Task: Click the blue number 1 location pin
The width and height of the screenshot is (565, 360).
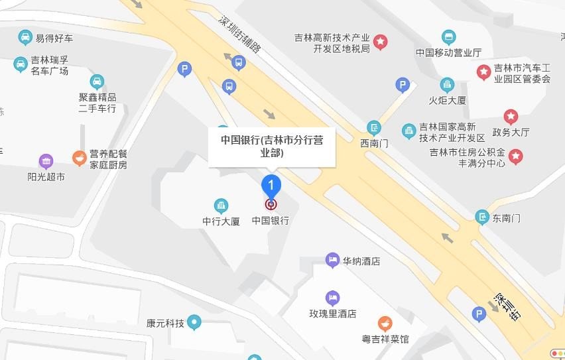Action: pyautogui.click(x=271, y=184)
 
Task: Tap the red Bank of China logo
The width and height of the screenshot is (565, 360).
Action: pyautogui.click(x=271, y=205)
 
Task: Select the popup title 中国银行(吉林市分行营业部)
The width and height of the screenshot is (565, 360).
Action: pyautogui.click(x=272, y=146)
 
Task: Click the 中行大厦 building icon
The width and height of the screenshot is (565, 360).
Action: pyautogui.click(x=221, y=206)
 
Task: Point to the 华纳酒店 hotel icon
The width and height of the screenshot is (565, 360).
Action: pyautogui.click(x=332, y=261)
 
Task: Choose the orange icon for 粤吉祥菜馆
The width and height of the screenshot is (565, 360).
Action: pyautogui.click(x=385, y=324)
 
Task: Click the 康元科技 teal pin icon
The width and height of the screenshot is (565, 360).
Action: pyautogui.click(x=194, y=324)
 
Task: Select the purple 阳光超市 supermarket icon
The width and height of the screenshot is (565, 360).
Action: pyautogui.click(x=46, y=161)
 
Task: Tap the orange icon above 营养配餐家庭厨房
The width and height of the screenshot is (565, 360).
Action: pyautogui.click(x=80, y=157)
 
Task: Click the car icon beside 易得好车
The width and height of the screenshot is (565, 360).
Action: pyautogui.click(x=25, y=38)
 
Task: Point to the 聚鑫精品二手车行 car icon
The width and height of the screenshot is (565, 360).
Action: pyautogui.click(x=97, y=82)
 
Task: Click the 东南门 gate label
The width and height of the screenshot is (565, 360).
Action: pyautogui.click(x=507, y=217)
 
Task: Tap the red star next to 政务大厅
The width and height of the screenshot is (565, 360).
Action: pyautogui.click(x=510, y=117)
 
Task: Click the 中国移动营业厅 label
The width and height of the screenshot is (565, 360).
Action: pyautogui.click(x=448, y=52)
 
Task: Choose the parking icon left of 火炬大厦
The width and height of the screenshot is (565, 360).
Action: pyautogui.click(x=402, y=85)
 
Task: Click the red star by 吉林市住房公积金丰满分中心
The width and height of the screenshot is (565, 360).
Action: pyautogui.click(x=515, y=157)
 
